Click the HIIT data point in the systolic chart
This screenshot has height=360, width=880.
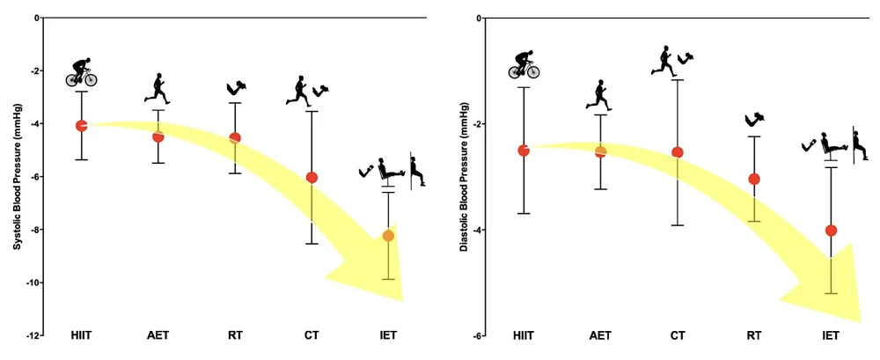pos(82,126)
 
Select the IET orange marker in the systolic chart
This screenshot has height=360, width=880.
pos(388,235)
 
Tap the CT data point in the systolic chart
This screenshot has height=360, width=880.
pos(312,177)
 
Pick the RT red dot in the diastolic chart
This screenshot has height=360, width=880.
pos(753,179)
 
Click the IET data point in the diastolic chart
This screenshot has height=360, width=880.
pos(831,231)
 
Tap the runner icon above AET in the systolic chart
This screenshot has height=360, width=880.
pos(158,88)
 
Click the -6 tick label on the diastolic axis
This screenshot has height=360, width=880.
pos(476,335)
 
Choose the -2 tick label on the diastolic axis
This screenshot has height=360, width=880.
pos(476,124)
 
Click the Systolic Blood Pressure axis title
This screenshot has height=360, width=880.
pos(16,176)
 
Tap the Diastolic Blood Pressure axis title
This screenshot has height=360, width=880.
pos(463,176)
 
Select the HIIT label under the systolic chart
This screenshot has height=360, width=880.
pos(82,336)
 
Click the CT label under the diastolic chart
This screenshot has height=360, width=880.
pos(678,336)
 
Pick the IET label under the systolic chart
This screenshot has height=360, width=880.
pos(388,336)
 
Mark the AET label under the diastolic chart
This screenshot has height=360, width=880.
pos(600,336)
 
